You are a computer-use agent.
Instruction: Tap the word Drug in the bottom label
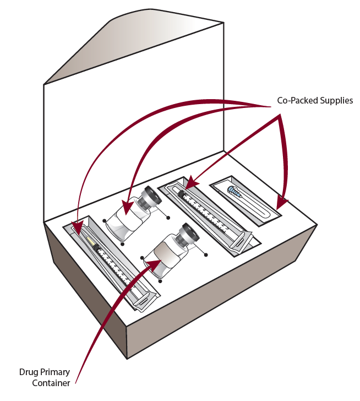[x=29, y=372]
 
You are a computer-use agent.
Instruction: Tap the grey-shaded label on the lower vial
[x=165, y=256]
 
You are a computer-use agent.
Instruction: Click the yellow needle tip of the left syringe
[x=87, y=241]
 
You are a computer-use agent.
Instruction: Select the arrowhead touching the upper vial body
[x=126, y=209]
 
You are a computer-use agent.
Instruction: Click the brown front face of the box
[x=220, y=308]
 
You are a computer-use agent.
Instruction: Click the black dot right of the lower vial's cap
[x=206, y=254]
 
